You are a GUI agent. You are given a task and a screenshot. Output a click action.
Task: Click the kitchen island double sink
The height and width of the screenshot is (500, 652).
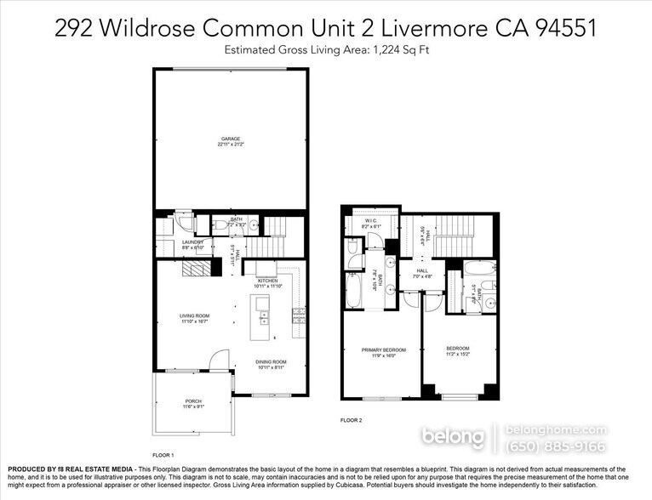point(264,317)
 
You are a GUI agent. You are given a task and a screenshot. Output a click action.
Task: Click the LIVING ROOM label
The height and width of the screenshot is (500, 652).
point(194,316)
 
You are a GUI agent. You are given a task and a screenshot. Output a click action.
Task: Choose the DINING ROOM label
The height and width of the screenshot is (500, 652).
point(272,362)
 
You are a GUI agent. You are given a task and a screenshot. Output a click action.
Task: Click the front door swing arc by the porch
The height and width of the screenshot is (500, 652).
point(220,362)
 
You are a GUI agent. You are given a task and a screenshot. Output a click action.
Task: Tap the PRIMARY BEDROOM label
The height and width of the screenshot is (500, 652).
point(383,349)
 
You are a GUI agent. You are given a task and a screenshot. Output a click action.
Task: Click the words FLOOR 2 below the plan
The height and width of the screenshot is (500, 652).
point(352,420)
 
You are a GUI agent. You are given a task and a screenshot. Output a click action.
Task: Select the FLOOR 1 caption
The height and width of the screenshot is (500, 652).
point(163,455)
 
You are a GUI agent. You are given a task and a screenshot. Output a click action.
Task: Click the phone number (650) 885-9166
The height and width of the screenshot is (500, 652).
point(556,446)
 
